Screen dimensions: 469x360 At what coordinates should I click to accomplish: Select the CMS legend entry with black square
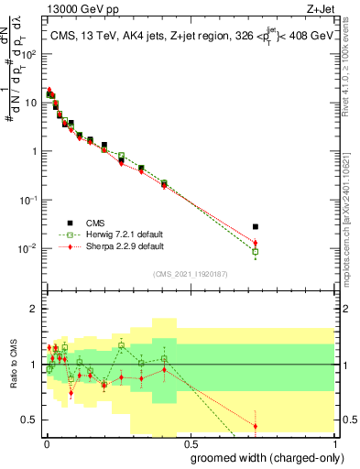tap(70, 223)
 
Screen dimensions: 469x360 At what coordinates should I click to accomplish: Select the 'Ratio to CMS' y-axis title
tap(14, 365)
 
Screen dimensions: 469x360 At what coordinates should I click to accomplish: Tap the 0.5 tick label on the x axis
tap(189, 443)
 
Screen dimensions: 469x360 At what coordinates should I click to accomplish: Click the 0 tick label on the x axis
tap(45, 443)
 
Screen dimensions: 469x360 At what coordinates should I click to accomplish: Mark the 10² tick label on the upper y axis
tap(31, 54)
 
